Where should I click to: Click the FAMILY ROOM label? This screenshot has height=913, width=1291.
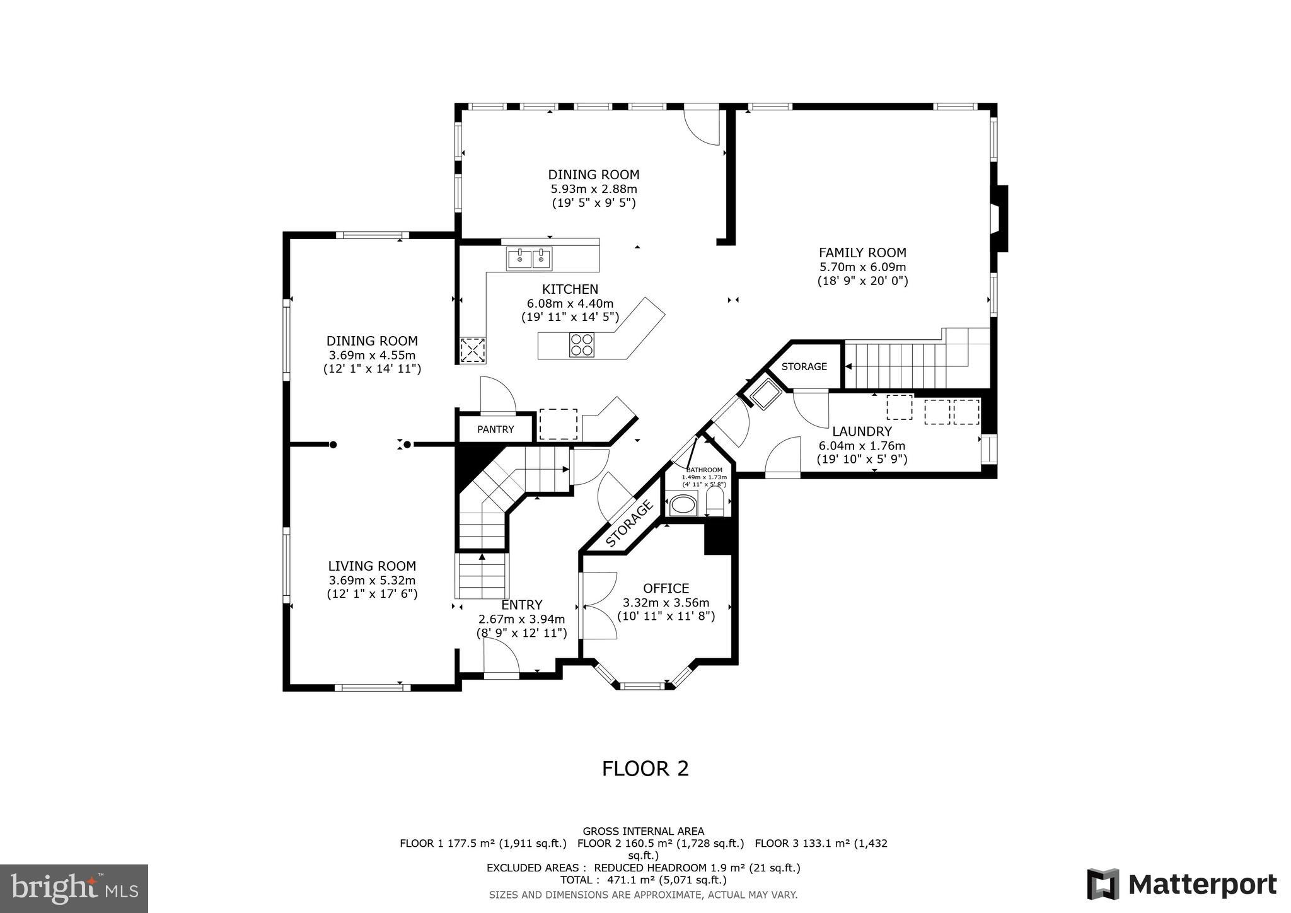click(862, 253)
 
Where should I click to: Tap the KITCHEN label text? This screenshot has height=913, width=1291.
click(570, 289)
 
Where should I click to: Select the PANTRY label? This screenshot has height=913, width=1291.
click(495, 429)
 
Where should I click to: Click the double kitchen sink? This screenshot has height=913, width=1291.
click(529, 259)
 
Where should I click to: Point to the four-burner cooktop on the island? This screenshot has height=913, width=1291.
click(581, 345)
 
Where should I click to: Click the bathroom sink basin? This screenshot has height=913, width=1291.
click(681, 505)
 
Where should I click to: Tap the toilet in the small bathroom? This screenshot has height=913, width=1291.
click(715, 503)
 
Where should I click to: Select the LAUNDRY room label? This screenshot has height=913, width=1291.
click(862, 432)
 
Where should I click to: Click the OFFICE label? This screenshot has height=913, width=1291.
click(666, 588)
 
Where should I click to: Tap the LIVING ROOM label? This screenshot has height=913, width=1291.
click(372, 566)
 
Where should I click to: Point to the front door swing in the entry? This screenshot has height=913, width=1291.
click(501, 659)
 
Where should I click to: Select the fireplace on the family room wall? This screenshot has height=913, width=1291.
click(1000, 219)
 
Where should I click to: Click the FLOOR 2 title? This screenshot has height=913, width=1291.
click(645, 769)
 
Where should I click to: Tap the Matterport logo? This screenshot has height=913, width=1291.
click(1181, 884)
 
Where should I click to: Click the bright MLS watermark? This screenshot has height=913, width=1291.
click(74, 888)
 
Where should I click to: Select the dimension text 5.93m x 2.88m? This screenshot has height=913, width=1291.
click(594, 189)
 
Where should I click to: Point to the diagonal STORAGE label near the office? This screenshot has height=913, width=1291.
click(629, 524)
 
